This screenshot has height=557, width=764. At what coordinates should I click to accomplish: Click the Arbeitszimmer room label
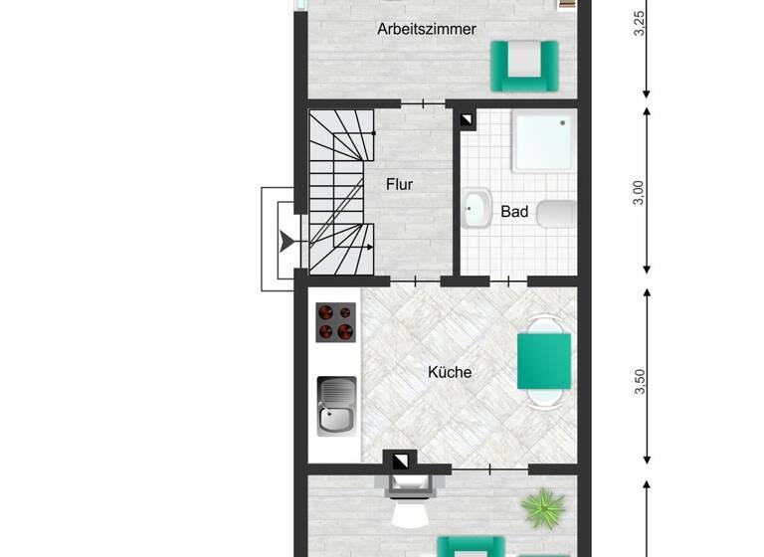point(426,29)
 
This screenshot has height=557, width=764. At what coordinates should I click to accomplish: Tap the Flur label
point(399,184)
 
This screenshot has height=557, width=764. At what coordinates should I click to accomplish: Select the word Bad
point(514,212)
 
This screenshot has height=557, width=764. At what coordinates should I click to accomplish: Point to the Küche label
point(450,373)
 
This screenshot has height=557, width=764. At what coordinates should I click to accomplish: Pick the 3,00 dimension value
point(640,193)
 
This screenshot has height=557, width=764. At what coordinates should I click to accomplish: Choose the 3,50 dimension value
point(640,381)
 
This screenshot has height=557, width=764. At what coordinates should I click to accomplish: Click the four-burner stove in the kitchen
point(336,322)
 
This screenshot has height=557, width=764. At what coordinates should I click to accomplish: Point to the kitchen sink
point(336,406)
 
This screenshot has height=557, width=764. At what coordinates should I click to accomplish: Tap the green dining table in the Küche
point(544,361)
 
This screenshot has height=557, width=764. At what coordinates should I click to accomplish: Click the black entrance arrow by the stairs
point(286,241)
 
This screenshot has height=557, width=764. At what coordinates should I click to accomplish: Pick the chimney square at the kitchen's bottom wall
point(401,462)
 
